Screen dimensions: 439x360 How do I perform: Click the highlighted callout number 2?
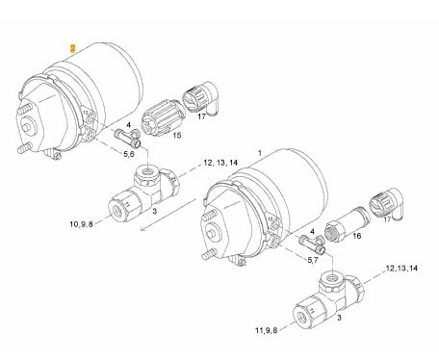click(x=73, y=49)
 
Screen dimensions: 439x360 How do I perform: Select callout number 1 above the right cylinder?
click(x=260, y=153)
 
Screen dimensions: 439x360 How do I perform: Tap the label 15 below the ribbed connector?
click(x=177, y=135)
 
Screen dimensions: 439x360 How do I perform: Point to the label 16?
click(x=357, y=236)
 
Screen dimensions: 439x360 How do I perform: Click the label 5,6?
click(x=129, y=154)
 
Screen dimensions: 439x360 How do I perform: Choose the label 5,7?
click(x=313, y=260)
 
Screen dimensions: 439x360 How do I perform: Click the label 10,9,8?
click(x=81, y=224)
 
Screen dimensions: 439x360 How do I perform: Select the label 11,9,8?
click(x=267, y=330)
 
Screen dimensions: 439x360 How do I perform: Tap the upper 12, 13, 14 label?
click(x=220, y=163)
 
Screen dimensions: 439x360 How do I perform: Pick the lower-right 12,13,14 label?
click(x=401, y=269)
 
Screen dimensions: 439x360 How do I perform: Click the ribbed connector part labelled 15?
click(x=162, y=116)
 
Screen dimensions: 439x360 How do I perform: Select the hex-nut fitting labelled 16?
click(x=348, y=223)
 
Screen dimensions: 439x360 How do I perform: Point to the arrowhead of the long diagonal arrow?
click(x=143, y=229)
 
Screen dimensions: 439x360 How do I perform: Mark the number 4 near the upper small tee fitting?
click(x=128, y=124)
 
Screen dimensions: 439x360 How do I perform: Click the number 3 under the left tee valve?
click(x=154, y=211)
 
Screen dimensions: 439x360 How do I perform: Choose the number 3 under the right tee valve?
click(x=340, y=318)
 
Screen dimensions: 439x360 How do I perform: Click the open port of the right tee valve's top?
click(x=332, y=276)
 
